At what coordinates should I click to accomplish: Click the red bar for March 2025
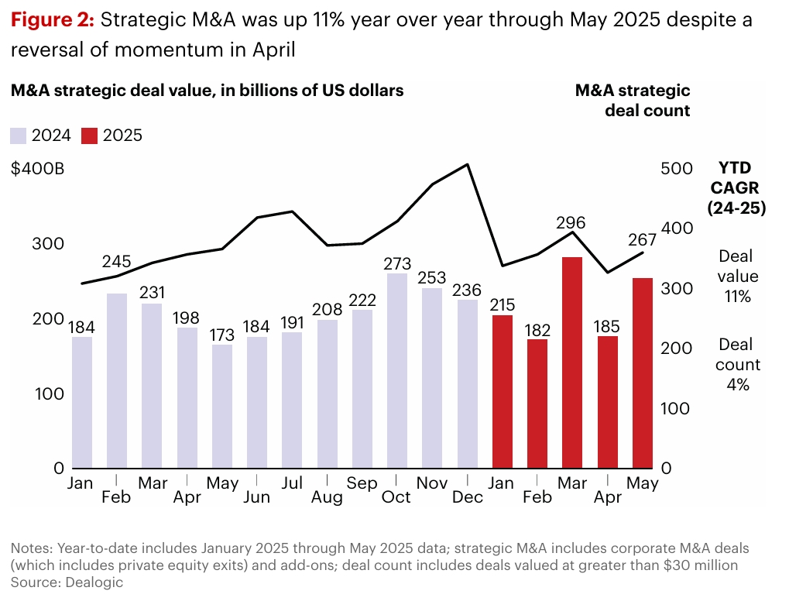[572, 362]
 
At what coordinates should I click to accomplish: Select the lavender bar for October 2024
[396, 370]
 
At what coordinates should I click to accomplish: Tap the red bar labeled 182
[537, 403]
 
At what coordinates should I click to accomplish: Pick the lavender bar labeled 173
[222, 406]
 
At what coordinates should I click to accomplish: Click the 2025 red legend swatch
[90, 136]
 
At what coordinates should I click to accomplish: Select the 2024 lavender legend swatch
[19, 136]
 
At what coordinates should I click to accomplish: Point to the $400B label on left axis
[38, 169]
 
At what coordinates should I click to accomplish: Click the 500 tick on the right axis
[674, 169]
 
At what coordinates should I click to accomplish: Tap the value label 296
[571, 223]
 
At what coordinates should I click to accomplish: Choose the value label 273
[396, 263]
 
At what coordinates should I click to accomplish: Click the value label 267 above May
[642, 239]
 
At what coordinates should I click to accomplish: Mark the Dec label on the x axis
[467, 496]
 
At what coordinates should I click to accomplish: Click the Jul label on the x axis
[291, 483]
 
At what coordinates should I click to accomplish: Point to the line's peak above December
[468, 164]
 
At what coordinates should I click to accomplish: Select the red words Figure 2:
[52, 20]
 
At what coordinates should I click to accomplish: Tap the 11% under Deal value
[736, 296]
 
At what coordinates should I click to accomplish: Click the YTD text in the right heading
[736, 168]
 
